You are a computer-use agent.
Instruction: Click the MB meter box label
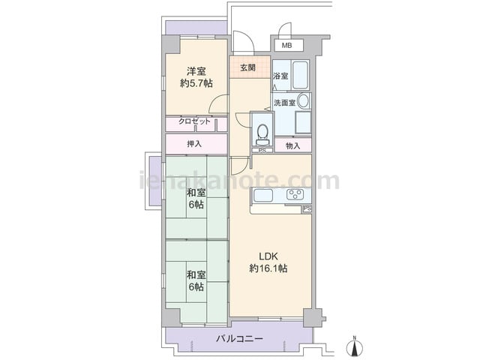(286, 46)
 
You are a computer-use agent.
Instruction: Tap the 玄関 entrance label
(247, 67)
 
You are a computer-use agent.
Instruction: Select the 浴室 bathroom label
(280, 76)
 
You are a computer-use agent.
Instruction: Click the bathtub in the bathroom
(300, 75)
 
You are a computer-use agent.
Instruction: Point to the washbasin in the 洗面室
(303, 101)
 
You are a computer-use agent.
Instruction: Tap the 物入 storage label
(293, 146)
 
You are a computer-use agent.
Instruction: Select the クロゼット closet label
(195, 121)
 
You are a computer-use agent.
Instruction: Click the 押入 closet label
(194, 143)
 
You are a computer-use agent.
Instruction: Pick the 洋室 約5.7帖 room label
(196, 77)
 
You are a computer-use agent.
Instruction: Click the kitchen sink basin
(263, 195)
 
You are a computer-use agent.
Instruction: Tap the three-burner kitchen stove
(295, 194)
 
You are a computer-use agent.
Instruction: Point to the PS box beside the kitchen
(307, 208)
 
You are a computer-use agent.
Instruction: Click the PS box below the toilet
(262, 151)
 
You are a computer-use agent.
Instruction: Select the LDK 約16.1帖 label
(268, 262)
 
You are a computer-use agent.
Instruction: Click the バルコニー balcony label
(240, 339)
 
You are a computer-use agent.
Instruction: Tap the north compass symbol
(355, 346)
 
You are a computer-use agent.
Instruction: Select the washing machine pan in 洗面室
(303, 122)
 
